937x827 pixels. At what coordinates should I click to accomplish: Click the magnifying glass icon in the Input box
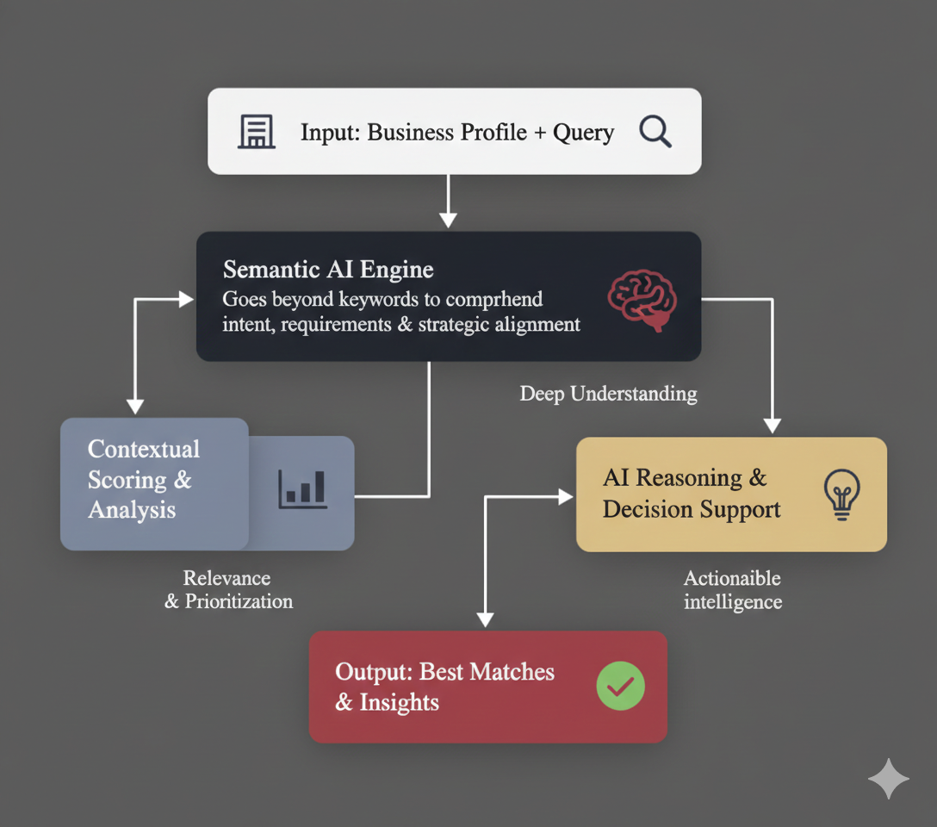(x=655, y=133)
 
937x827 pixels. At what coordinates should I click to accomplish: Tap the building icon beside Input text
(x=257, y=133)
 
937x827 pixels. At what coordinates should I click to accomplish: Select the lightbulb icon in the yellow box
(x=841, y=494)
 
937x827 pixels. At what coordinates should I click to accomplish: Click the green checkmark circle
(x=621, y=686)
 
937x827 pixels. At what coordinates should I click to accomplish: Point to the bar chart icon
(x=302, y=488)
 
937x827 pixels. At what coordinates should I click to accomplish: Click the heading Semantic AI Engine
(x=328, y=270)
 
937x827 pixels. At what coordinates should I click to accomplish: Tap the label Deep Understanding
(x=608, y=395)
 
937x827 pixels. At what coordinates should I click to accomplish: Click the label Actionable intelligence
(x=733, y=590)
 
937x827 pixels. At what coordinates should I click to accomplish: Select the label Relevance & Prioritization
(x=228, y=590)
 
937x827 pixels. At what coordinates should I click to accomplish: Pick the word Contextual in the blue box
(x=144, y=450)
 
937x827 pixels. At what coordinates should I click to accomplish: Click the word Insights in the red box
(x=400, y=703)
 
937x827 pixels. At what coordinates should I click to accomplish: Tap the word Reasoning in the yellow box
(x=696, y=478)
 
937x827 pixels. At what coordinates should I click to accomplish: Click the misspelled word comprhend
(x=494, y=300)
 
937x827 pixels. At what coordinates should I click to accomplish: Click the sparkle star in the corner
(x=888, y=779)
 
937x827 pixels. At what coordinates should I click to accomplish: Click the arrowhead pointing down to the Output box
(x=486, y=619)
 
